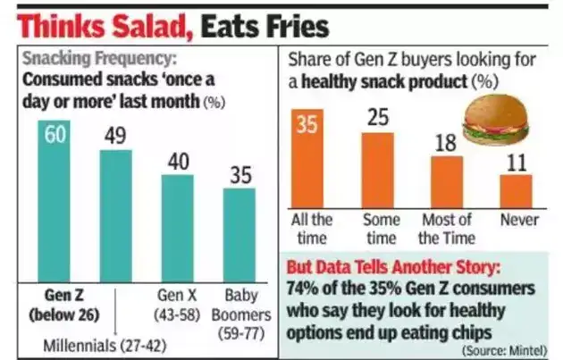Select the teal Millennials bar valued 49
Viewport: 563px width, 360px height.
coord(115,214)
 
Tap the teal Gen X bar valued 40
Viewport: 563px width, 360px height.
coord(177,227)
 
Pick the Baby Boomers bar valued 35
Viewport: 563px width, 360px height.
coord(239,234)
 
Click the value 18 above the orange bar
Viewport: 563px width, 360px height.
coord(447,143)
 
